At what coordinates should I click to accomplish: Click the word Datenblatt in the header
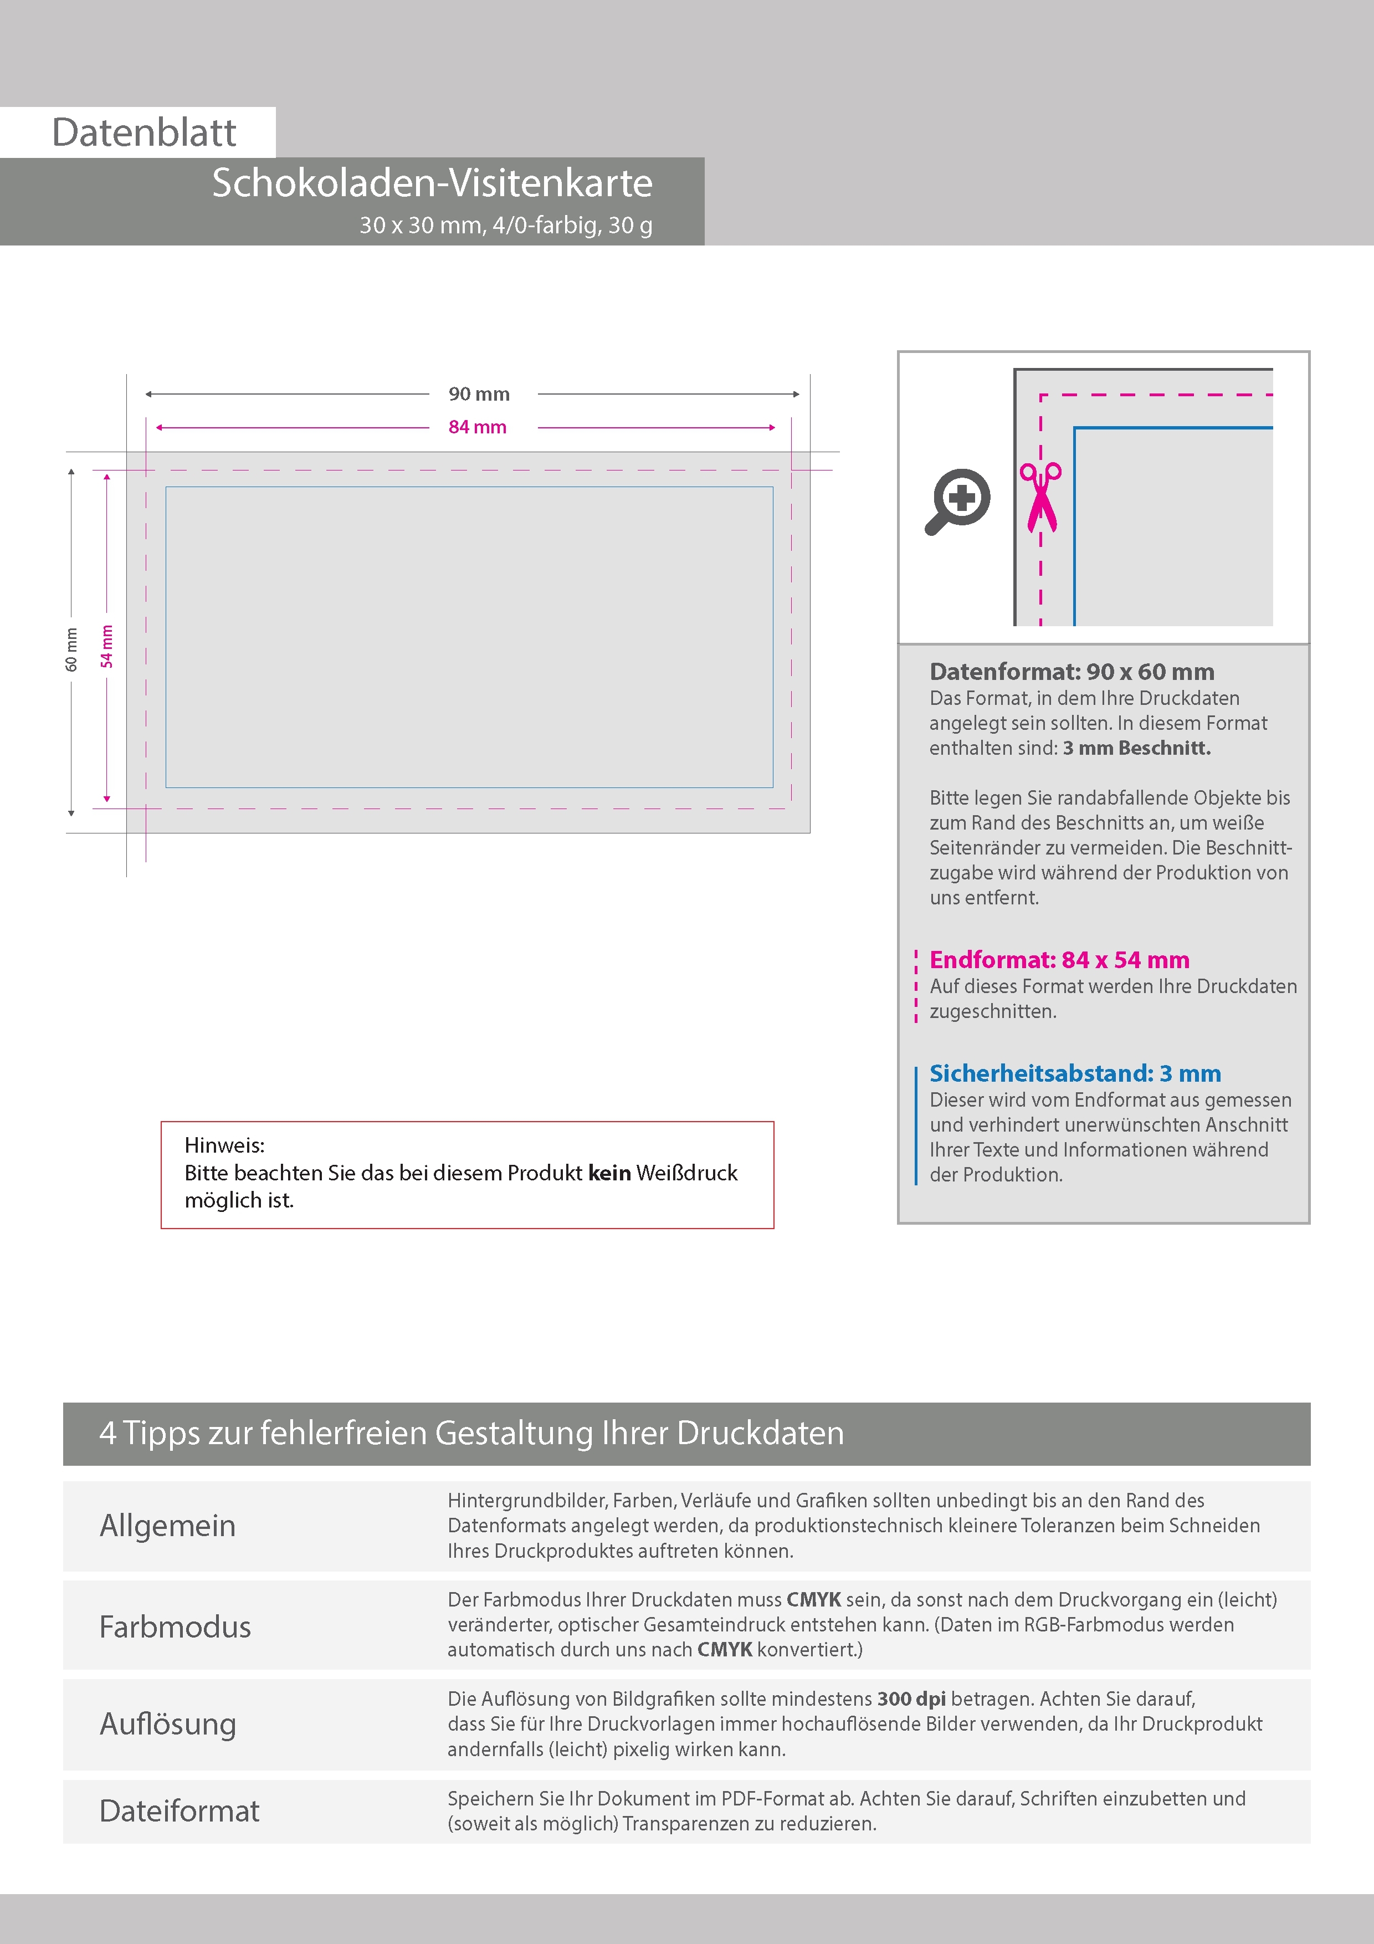144,133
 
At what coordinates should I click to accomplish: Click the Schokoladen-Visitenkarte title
432,183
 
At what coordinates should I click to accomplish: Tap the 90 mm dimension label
479,393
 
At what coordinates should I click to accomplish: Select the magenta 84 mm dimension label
478,427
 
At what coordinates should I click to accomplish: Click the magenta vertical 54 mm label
107,646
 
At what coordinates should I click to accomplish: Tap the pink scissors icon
1040,497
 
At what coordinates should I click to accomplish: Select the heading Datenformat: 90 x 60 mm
1071,672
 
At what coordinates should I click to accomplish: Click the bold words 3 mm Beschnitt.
1137,748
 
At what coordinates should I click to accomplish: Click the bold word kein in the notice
609,1173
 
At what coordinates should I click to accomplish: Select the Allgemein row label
168,1526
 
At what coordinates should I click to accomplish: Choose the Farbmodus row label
175,1626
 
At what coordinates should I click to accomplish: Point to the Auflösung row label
168,1724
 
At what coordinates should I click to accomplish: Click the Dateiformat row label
180,1810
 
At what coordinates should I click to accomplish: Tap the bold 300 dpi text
911,1699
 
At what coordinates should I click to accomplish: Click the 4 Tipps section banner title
471,1434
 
